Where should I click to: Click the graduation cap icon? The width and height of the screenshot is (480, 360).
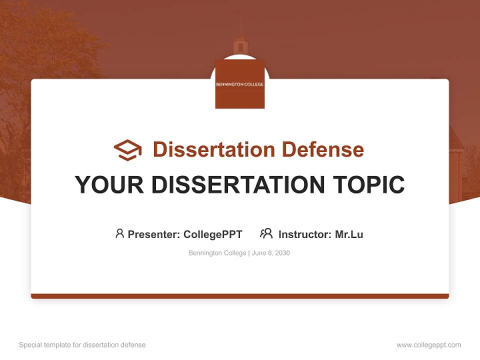tap(128, 150)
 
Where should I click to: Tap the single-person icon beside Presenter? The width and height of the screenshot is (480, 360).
tap(119, 233)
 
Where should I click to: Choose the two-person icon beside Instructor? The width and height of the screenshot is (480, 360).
tap(266, 233)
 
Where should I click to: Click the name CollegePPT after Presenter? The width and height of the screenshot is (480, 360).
tap(212, 234)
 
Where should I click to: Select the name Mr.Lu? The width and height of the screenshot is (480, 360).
tap(349, 234)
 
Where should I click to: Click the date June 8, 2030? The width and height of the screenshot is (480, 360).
tap(270, 253)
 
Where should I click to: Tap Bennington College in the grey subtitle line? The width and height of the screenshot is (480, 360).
tap(217, 253)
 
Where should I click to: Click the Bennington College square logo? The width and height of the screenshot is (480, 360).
tap(239, 84)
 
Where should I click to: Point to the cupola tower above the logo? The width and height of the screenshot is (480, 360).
tap(240, 46)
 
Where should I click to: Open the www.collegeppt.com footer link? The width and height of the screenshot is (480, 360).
tap(428, 345)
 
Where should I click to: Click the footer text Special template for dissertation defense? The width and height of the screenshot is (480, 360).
tap(82, 345)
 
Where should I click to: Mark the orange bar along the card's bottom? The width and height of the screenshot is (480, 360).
tap(240, 296)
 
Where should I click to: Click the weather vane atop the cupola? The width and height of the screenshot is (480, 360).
tap(240, 16)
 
